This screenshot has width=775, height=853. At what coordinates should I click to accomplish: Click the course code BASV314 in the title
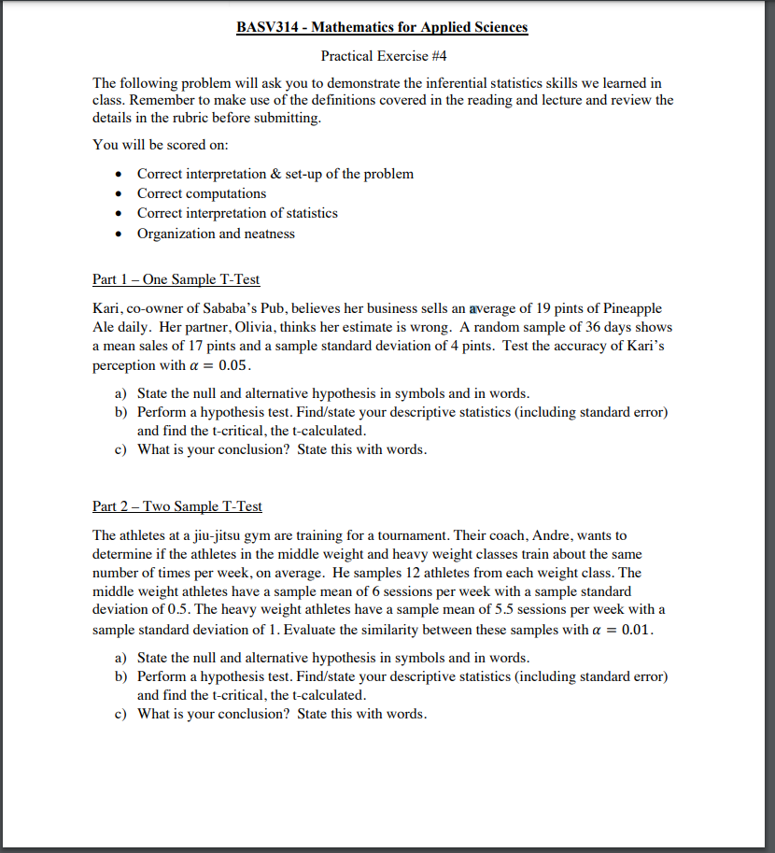[267, 27]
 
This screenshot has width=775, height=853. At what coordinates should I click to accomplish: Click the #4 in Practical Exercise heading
[422, 56]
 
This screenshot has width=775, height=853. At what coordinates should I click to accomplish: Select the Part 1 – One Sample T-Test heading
[176, 278]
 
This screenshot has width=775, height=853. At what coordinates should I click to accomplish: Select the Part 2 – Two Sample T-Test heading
[177, 506]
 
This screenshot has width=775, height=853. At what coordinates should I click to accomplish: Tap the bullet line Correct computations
[202, 193]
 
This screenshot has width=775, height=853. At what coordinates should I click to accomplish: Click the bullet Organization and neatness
[216, 234]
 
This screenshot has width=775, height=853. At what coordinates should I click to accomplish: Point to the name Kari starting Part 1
[106, 308]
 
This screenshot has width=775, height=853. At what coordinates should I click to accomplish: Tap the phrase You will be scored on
[160, 145]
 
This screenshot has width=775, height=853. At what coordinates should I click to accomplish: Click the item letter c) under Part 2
[120, 714]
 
